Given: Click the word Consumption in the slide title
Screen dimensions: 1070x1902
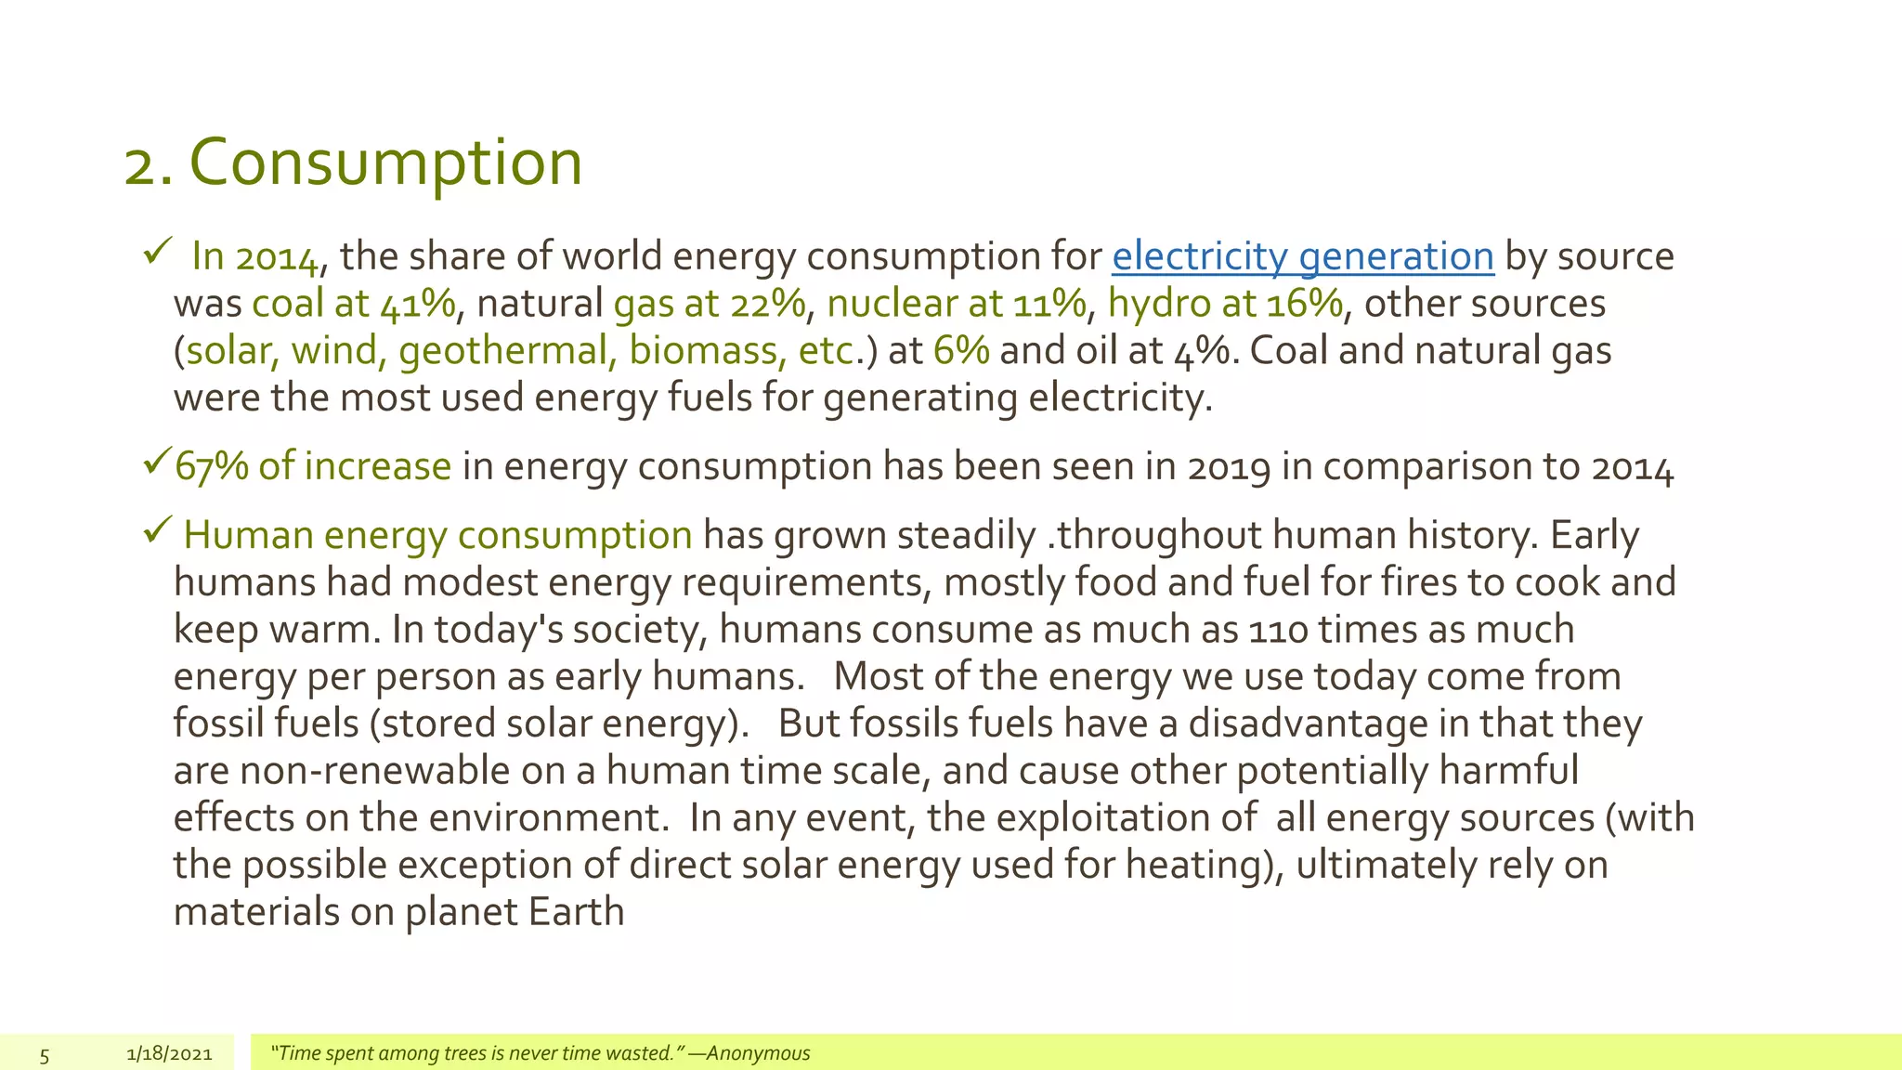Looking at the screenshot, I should (385, 163).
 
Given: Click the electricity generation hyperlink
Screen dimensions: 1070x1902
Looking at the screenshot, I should (1302, 256).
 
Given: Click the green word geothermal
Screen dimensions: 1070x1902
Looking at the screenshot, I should (502, 351).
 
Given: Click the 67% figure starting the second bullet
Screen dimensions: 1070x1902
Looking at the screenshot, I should (211, 466).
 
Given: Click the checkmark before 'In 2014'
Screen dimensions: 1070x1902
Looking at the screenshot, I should (156, 252).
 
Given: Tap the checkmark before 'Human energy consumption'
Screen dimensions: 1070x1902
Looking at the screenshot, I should (156, 531).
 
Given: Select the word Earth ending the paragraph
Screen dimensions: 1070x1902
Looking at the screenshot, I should (576, 912).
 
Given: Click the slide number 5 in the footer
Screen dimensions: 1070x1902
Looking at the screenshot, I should (44, 1054).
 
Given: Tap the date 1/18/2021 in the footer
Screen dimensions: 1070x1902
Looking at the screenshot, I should (169, 1053).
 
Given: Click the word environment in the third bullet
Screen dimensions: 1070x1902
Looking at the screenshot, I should (544, 818).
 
